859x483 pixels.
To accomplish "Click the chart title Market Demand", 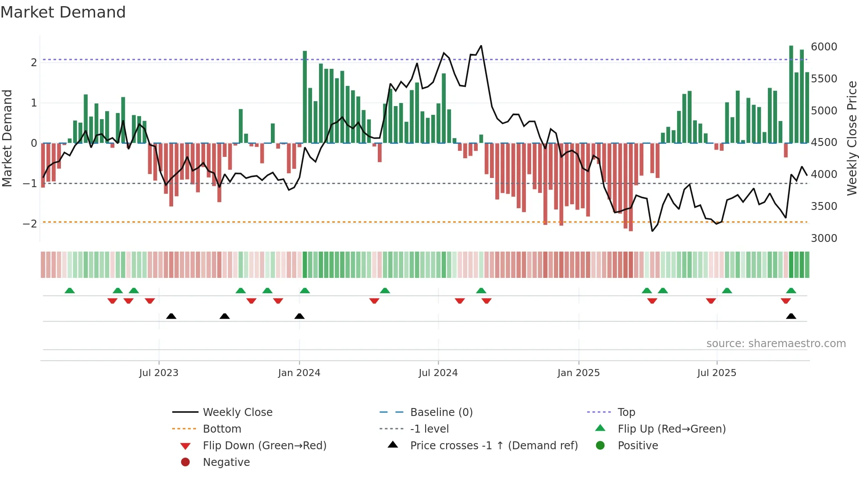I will [x=63, y=12].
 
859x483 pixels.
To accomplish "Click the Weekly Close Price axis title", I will [x=852, y=138].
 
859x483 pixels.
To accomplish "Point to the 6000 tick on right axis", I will [x=824, y=47].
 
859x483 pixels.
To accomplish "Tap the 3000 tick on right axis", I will [x=824, y=238].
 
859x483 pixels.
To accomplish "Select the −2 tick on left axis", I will [x=30, y=224].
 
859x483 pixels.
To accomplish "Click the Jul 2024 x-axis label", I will [x=438, y=373].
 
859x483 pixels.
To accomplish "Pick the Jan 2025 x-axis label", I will [x=579, y=373].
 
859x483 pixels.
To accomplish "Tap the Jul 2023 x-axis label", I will [x=159, y=373].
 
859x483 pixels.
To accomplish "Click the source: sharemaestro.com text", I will [x=776, y=344].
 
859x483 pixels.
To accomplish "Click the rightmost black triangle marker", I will [x=791, y=316].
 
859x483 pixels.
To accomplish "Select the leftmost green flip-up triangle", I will [x=70, y=291].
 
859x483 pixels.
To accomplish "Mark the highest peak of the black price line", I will [x=481, y=46].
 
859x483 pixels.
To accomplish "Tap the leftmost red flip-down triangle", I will [x=112, y=301].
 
